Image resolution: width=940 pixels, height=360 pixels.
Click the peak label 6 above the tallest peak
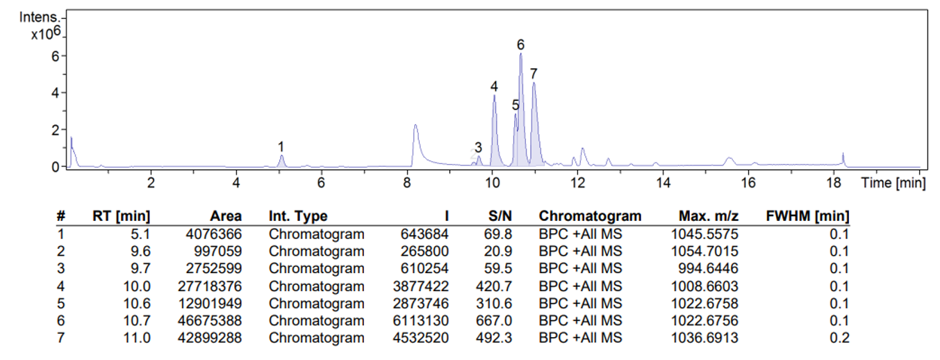pyautogui.click(x=520, y=45)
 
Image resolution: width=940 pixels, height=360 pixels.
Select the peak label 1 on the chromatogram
pyautogui.click(x=281, y=147)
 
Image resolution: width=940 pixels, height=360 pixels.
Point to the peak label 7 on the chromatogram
pyautogui.click(x=534, y=74)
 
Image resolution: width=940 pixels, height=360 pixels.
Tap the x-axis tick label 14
pyautogui.click(x=663, y=183)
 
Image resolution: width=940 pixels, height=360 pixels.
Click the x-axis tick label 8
pyautogui.click(x=407, y=183)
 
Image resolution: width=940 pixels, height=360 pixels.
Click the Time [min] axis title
pyautogui.click(x=893, y=183)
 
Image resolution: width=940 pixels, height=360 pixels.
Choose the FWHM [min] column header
pyautogui.click(x=807, y=216)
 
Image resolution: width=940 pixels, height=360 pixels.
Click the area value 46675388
pyautogui.click(x=210, y=320)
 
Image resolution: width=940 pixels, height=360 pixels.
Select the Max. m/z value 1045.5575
pyautogui.click(x=708, y=234)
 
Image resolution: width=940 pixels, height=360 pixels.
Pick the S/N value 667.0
pyautogui.click(x=500, y=320)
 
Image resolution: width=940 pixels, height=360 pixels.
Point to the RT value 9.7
pyautogui.click(x=142, y=268)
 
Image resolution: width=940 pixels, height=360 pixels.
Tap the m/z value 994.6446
pyautogui.click(x=711, y=268)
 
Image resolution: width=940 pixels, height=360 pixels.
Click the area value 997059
pyautogui.click(x=215, y=251)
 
